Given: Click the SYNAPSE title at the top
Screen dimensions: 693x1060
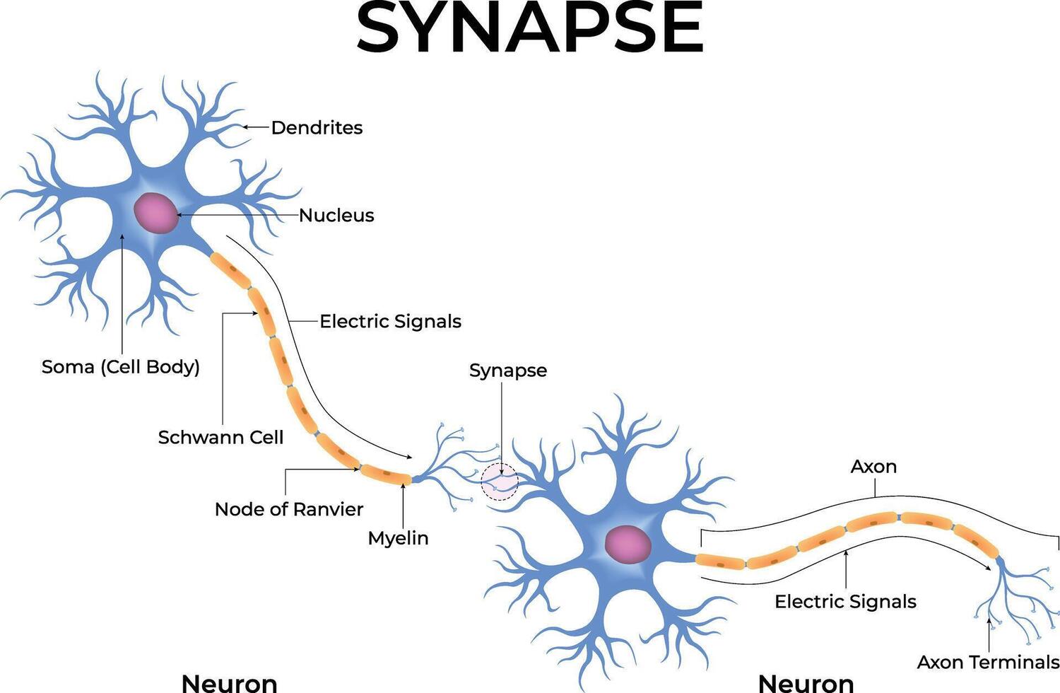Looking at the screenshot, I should click(529, 28).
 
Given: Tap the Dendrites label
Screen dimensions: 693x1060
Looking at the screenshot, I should click(317, 128).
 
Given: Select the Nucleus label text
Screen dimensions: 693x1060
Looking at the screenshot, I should click(336, 216).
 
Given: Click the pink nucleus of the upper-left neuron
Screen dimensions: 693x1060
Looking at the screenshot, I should click(156, 213).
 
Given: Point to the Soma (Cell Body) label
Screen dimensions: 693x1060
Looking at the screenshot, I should click(121, 367).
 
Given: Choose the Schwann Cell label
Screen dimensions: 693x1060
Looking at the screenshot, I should click(220, 438).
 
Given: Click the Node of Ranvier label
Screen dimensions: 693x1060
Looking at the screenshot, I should click(288, 510).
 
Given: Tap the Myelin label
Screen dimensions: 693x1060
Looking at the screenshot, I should click(398, 538).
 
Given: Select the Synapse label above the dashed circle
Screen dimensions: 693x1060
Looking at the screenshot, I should click(508, 371).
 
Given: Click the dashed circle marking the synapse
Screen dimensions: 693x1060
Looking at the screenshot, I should click(500, 483).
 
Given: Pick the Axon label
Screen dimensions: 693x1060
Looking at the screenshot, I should click(873, 467).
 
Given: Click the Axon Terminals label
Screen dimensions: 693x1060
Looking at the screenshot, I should click(987, 663).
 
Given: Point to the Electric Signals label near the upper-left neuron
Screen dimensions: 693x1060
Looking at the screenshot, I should click(390, 322).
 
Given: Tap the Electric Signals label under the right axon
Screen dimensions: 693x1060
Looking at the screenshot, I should click(845, 602).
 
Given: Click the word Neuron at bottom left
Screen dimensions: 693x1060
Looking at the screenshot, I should click(229, 683).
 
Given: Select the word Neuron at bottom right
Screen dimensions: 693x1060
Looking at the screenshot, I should click(806, 683).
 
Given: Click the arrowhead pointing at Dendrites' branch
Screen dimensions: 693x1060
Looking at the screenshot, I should click(245, 127).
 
